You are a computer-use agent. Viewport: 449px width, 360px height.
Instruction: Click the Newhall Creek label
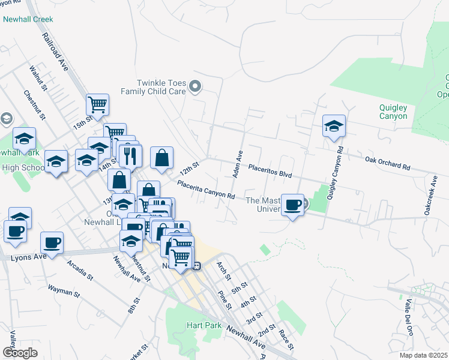28,19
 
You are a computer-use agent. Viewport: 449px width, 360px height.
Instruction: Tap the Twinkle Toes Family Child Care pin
194,88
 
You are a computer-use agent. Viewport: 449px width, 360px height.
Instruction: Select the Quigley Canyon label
393,112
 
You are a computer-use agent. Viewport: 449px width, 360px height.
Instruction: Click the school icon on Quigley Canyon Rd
334,126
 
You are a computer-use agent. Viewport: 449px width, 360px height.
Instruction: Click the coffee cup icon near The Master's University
292,205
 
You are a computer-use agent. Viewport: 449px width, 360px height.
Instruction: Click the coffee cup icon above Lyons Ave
52,243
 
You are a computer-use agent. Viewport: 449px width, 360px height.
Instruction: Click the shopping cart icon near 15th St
97,105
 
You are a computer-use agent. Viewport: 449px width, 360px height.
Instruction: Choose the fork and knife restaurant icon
130,156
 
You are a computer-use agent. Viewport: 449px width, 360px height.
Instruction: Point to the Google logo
20,353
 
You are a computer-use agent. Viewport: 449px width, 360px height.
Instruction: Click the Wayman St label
64,290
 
